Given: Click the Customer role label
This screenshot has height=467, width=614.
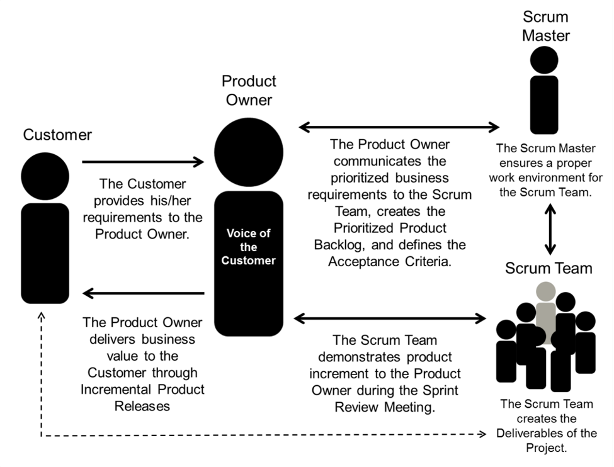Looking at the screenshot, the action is click(x=57, y=135).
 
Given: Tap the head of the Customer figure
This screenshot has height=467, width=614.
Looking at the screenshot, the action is click(x=45, y=176).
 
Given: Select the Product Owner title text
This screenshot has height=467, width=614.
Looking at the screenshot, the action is click(x=249, y=91).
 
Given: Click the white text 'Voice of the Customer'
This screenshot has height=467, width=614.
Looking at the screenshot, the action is click(x=248, y=247).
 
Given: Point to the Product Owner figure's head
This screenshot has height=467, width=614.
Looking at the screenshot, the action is click(x=249, y=152).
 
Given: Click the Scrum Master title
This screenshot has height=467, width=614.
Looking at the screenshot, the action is click(x=545, y=26).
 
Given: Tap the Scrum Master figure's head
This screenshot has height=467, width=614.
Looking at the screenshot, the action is click(x=544, y=60).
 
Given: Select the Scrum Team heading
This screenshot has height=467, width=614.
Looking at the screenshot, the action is click(x=549, y=269).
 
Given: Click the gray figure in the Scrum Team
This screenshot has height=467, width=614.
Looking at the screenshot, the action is click(x=546, y=313).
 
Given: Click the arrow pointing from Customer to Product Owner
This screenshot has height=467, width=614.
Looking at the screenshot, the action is click(x=143, y=162).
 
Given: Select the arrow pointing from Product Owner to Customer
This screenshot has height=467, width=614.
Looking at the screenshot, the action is click(x=144, y=293).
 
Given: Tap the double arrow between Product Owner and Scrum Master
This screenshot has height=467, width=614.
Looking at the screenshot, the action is click(x=399, y=127).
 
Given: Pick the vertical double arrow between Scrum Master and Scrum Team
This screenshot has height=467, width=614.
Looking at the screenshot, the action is click(x=550, y=229).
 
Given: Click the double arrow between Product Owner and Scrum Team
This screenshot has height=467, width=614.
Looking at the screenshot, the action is click(x=390, y=318).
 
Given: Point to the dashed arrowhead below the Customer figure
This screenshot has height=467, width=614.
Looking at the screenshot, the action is click(x=41, y=315).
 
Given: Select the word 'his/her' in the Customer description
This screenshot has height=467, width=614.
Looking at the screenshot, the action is click(x=170, y=201).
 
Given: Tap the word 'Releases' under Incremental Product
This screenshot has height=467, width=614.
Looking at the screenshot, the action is click(x=142, y=407).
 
